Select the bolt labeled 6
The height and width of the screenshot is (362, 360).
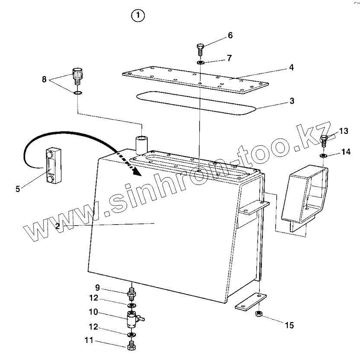tap(200, 49)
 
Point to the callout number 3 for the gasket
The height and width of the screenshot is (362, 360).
tap(292, 101)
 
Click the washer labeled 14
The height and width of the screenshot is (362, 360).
tap(323, 155)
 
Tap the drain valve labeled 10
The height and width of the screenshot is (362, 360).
tap(131, 319)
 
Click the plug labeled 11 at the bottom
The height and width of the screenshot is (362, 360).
tap(131, 346)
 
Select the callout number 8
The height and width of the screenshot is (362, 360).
tap(44, 79)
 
